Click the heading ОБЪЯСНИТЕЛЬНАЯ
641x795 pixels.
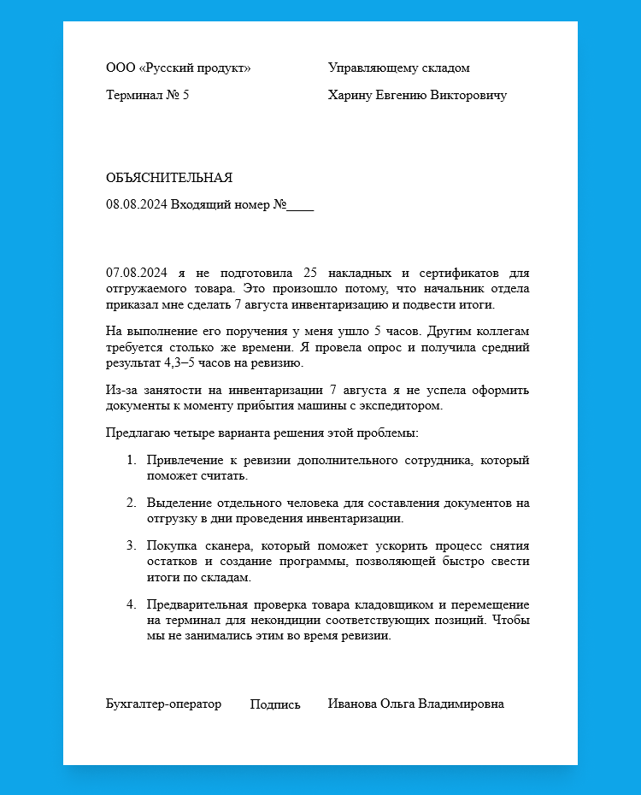[169, 178]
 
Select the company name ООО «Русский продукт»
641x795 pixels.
[178, 68]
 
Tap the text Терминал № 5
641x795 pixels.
[147, 96]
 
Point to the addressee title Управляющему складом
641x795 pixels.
[398, 68]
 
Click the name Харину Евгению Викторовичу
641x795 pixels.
[417, 96]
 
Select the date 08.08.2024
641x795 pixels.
[136, 205]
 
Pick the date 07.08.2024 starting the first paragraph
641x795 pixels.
[136, 274]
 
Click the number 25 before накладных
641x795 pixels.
[310, 274]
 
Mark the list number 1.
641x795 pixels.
[132, 461]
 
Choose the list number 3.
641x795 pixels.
[132, 545]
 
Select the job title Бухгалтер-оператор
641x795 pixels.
[163, 704]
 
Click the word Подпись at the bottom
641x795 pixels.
[275, 705]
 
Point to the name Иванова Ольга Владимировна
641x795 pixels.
[415, 704]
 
